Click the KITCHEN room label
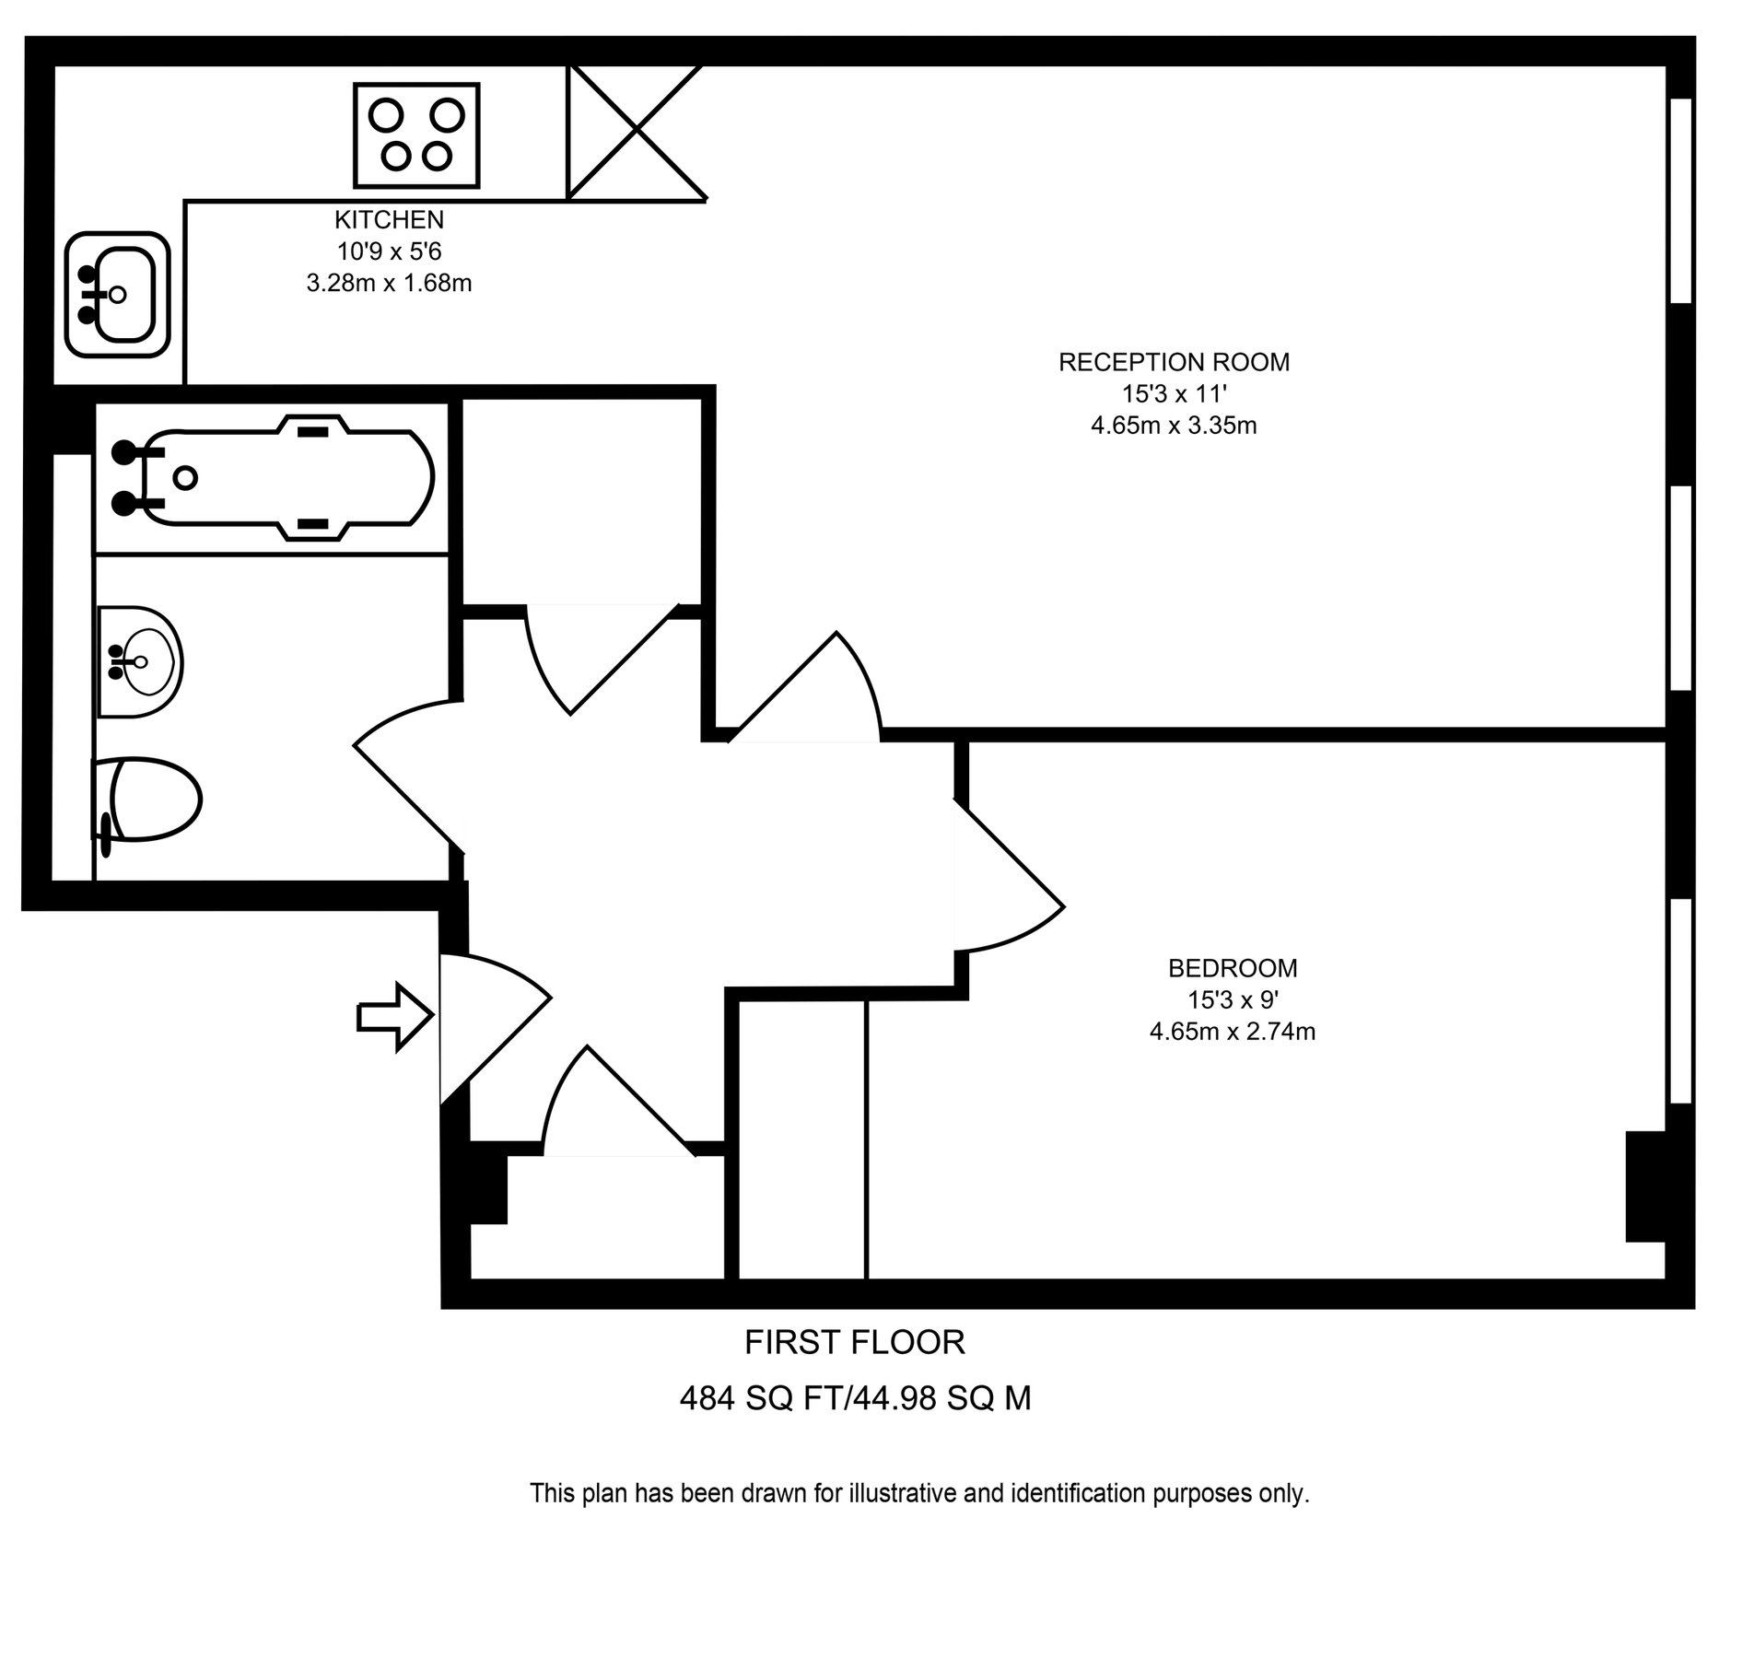(389, 220)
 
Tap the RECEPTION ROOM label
(1174, 362)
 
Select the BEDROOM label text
(1232, 968)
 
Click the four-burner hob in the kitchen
(416, 135)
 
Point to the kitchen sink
(118, 295)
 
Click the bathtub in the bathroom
(276, 477)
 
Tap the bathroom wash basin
(140, 661)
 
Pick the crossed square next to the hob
(636, 133)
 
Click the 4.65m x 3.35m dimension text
(1174, 426)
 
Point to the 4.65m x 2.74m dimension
(1232, 1032)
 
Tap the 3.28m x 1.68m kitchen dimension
(389, 283)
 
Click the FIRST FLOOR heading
(854, 1343)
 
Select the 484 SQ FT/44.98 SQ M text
(854, 1399)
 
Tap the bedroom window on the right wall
(1680, 1001)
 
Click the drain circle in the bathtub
(185, 477)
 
